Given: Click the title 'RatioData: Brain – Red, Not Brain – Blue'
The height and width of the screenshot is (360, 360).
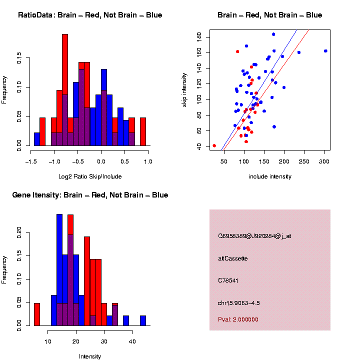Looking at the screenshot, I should point(90,15).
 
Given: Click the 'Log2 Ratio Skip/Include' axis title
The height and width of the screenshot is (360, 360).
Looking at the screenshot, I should point(90,176).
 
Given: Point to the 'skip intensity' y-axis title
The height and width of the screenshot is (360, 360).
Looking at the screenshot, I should point(184,87).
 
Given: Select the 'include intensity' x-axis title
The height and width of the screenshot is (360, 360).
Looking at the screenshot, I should point(270,176).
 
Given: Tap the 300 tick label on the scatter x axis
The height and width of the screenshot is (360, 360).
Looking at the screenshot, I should point(324,161).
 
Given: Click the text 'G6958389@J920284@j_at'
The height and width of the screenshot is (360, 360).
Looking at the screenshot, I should point(254,236).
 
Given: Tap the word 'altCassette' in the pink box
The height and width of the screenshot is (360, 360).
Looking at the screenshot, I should point(233,258).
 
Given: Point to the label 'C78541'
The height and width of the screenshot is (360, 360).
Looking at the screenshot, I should point(228,280).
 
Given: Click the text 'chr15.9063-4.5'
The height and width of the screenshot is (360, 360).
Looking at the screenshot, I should point(239,303).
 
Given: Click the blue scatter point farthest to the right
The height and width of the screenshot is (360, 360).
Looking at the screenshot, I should point(325,51).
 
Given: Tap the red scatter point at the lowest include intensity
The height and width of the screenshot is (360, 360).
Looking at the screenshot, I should point(214,145).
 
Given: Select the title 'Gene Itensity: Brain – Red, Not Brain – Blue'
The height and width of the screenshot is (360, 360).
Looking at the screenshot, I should point(90,195).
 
